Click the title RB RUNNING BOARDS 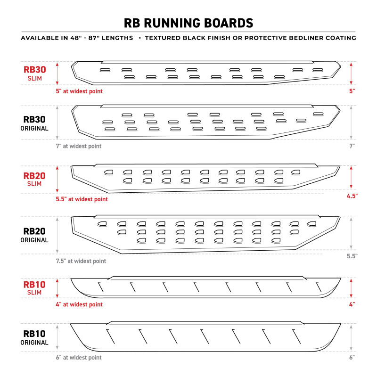tap(188, 23)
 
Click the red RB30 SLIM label tap(35, 73)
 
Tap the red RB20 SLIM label tap(35, 180)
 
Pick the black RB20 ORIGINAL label tap(35, 235)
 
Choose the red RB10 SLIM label tap(35, 287)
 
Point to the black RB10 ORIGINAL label tap(35, 338)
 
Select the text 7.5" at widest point tap(81, 261)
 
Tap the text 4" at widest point tap(79, 304)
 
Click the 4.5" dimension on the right tap(351, 195)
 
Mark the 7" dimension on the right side tap(352, 146)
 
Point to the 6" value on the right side tap(352, 358)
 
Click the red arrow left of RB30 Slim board tap(57, 73)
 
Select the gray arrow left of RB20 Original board tap(57, 235)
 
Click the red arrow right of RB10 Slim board tap(352, 287)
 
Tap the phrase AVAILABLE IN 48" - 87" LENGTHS tap(77, 38)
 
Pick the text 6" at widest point tap(79, 358)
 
